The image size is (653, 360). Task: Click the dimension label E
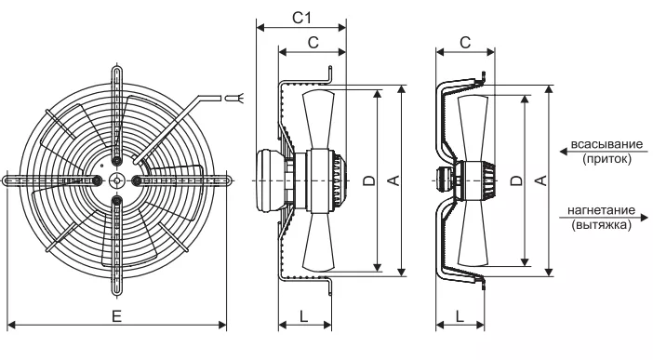(117, 316)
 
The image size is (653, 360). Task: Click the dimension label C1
(301, 18)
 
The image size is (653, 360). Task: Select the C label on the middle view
(313, 42)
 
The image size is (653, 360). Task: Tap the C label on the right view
(465, 42)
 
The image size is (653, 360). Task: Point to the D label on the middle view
(369, 180)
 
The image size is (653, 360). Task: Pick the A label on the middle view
(393, 180)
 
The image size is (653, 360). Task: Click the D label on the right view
(516, 180)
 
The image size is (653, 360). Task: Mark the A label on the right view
(540, 180)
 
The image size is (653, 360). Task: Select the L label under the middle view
(303, 316)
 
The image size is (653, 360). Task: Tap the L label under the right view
(460, 316)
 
